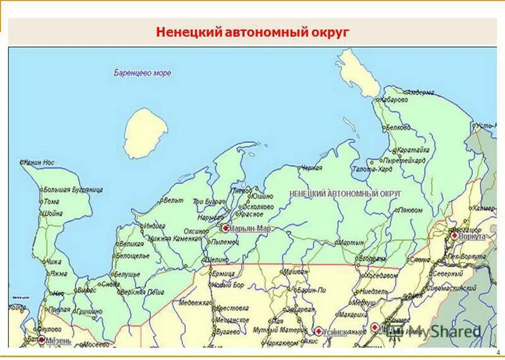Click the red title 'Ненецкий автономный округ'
point(252,32)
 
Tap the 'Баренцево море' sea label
point(142,73)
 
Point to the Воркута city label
point(473,236)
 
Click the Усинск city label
point(338,331)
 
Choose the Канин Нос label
point(40,163)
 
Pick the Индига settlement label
point(154,225)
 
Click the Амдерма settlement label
point(420,92)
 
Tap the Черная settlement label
point(311,168)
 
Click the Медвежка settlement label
point(194,302)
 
